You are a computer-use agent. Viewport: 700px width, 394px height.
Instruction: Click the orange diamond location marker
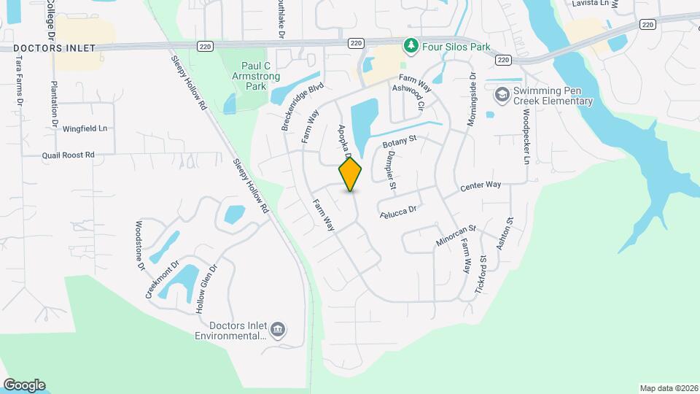(x=351, y=174)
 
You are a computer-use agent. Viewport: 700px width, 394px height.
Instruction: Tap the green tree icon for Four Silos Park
(x=412, y=46)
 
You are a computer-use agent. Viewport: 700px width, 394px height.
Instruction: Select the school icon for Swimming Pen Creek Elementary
(x=502, y=95)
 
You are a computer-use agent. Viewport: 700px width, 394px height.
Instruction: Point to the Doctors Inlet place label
(x=54, y=48)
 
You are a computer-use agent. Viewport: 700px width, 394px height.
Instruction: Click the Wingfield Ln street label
(x=85, y=128)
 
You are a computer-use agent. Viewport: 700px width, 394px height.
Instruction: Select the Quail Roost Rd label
(x=69, y=155)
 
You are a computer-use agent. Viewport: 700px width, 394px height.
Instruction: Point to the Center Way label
(x=481, y=187)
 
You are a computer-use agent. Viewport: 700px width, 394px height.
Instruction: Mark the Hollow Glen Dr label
(x=206, y=289)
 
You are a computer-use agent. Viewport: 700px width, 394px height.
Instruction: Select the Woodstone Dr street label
(x=140, y=246)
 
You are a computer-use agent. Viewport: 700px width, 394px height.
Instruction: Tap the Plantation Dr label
(x=54, y=104)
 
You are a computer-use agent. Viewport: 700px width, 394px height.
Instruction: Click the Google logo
(x=24, y=385)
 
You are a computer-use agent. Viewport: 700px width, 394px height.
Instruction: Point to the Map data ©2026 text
(x=668, y=388)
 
